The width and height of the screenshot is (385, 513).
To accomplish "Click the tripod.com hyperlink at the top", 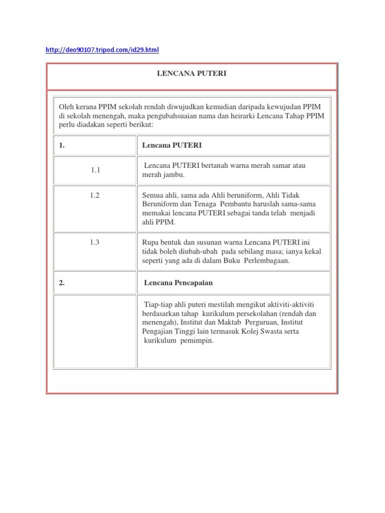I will pos(102,50).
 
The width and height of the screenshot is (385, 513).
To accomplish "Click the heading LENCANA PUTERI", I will pos(192,74).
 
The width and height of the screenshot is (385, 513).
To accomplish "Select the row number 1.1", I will pos(96,170).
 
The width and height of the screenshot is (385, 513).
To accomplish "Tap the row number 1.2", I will pos(95,196).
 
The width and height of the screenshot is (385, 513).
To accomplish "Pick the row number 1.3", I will pos(95,242).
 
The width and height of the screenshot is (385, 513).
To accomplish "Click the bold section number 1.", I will pos(62,145).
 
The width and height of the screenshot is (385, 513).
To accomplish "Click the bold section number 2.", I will pos(62,283).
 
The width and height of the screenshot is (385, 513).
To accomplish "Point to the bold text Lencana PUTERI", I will pos(172,145).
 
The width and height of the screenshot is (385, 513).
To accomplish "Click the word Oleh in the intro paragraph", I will pos(66,106).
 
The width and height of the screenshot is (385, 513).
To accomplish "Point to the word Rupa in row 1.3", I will pos(151,242).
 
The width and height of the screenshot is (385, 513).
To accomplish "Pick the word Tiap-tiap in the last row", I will pos(158,305).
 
